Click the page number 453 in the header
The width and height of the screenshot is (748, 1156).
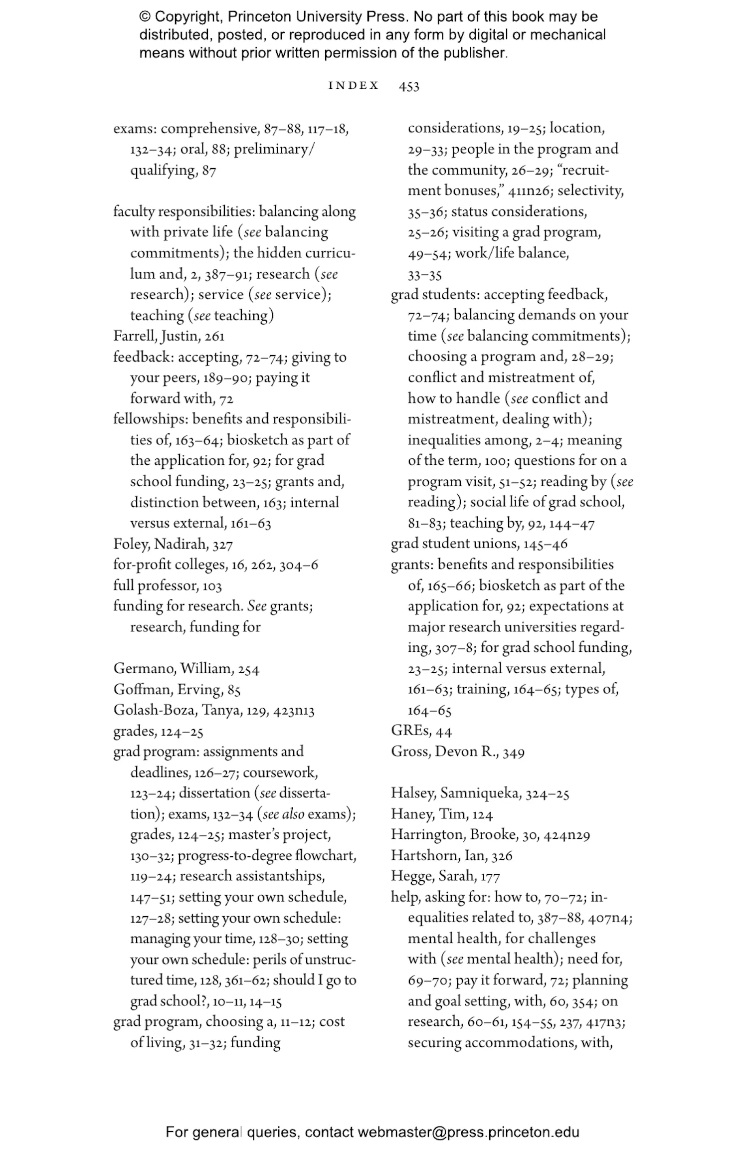[x=408, y=86]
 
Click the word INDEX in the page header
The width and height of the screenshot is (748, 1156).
[x=354, y=86]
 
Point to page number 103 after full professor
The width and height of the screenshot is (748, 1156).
[x=212, y=586]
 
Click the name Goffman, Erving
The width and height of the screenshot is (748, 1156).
[x=168, y=690]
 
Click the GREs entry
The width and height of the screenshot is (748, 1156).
[x=410, y=731]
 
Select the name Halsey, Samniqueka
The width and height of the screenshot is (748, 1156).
[x=456, y=793]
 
